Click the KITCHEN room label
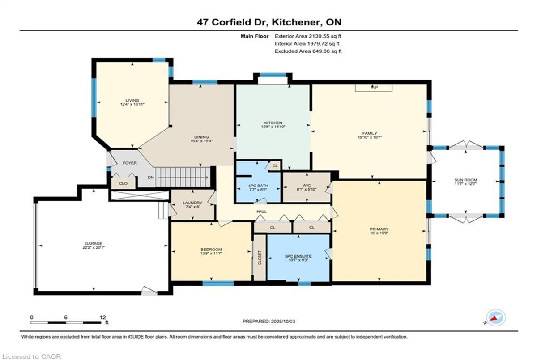(273, 123)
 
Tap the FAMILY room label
(370, 133)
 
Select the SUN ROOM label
(465, 180)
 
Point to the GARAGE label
(94, 243)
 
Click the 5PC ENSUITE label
(298, 256)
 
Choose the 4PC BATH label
(258, 186)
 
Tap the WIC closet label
(307, 185)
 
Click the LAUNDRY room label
(192, 203)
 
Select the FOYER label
(130, 163)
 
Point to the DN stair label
(150, 178)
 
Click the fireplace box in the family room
(374, 88)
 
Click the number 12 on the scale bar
(102, 318)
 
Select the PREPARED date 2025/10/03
(283, 322)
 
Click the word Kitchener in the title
(297, 22)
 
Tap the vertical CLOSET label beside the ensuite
(260, 258)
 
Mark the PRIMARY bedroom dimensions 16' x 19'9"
(379, 233)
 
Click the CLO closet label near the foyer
(123, 183)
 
